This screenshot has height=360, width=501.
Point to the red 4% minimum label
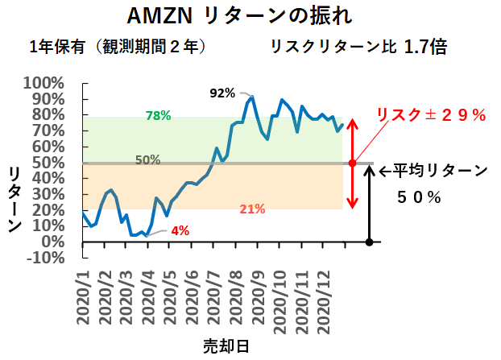pyautogui.click(x=180, y=231)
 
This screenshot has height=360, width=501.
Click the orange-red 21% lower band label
pyautogui.click(x=252, y=209)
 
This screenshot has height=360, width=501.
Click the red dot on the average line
pyautogui.click(x=351, y=163)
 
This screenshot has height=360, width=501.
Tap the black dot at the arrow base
pyautogui.click(x=369, y=242)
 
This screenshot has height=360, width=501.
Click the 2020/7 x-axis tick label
pyautogui.click(x=217, y=297)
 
